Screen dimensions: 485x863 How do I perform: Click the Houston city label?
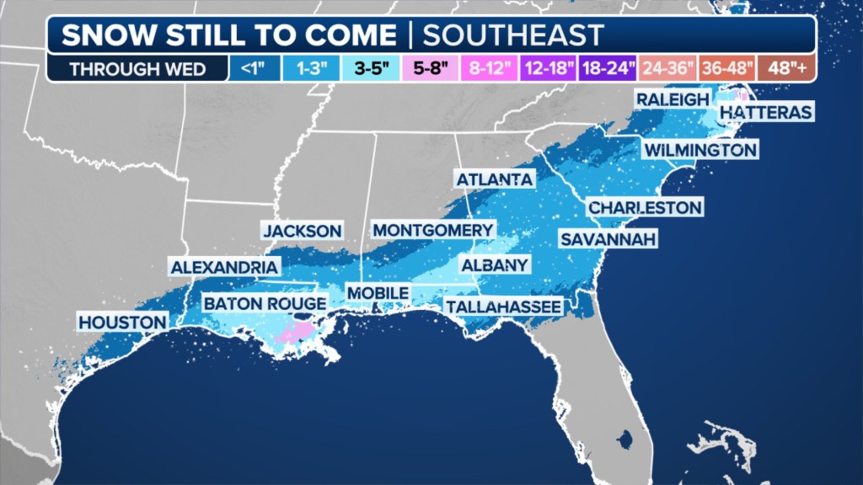(x=122, y=322)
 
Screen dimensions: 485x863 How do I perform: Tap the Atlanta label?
(x=494, y=179)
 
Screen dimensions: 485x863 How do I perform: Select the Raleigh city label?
(x=672, y=99)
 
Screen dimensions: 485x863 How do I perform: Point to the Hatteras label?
(x=766, y=112)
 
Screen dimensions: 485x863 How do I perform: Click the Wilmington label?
(x=700, y=150)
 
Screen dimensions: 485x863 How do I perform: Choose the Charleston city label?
(x=645, y=207)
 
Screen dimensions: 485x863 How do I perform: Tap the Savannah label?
(x=608, y=239)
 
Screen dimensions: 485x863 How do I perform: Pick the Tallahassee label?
(x=503, y=306)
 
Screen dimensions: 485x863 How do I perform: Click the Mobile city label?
(x=378, y=292)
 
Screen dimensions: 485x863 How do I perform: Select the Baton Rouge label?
(x=264, y=303)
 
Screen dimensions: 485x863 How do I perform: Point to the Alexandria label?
(x=224, y=268)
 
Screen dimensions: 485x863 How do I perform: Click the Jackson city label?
(x=302, y=231)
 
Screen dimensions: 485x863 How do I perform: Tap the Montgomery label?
(x=432, y=230)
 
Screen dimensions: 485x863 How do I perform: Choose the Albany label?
(x=494, y=265)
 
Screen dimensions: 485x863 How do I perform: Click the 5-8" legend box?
(x=431, y=68)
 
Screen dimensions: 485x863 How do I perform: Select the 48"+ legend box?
(x=786, y=68)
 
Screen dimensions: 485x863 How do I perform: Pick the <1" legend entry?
(x=253, y=68)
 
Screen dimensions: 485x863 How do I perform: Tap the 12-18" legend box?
(x=548, y=68)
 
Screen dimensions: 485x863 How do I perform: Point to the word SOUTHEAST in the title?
(x=512, y=35)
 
